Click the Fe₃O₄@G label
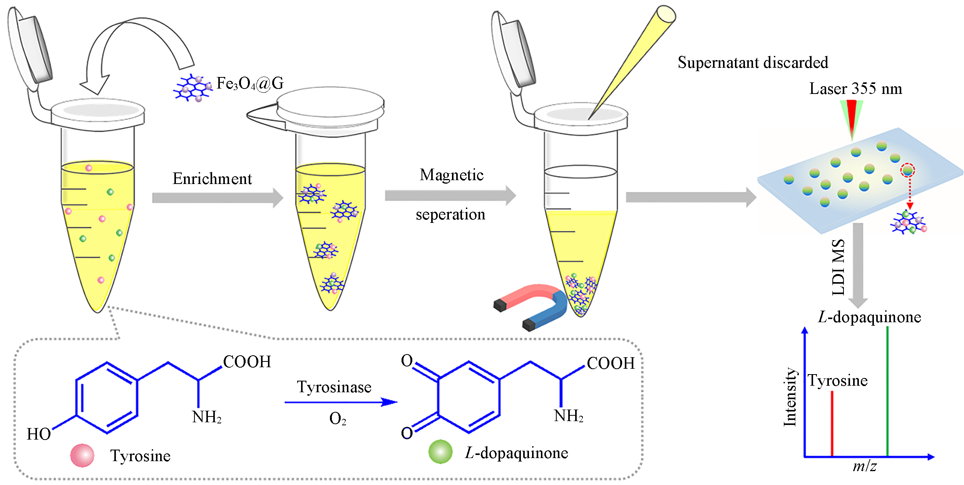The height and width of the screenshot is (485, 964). pyautogui.click(x=250, y=84)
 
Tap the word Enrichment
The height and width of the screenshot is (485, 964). pyautogui.click(x=212, y=179)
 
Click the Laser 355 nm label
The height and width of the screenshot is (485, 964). pyautogui.click(x=855, y=89)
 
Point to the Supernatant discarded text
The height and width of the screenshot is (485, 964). pyautogui.click(x=753, y=62)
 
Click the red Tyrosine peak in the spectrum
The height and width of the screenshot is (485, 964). pyautogui.click(x=832, y=423)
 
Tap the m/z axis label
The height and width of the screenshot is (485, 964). pyautogui.click(x=865, y=467)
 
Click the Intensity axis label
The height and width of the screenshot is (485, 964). pyautogui.click(x=790, y=397)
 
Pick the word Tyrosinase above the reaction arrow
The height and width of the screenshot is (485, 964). pyautogui.click(x=334, y=387)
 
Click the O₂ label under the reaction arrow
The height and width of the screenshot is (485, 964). pyautogui.click(x=338, y=419)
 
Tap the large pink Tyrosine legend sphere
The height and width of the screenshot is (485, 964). pyautogui.click(x=82, y=455)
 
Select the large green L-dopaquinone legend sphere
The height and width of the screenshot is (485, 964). pyautogui.click(x=440, y=452)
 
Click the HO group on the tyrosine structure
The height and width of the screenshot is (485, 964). pyautogui.click(x=38, y=434)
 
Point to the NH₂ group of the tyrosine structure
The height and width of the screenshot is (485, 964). pyautogui.click(x=207, y=417)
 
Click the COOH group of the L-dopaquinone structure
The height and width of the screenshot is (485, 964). pyautogui.click(x=611, y=363)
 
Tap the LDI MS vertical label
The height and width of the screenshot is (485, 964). pyautogui.click(x=838, y=267)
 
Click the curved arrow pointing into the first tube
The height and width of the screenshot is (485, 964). pyautogui.click(x=127, y=50)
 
